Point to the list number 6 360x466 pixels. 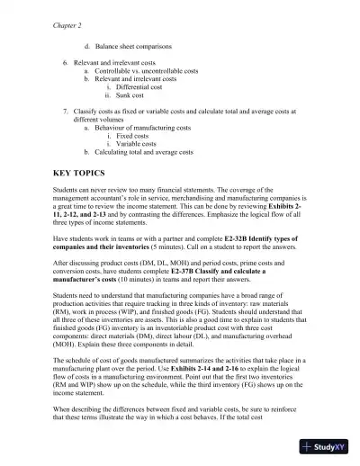[65, 61]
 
